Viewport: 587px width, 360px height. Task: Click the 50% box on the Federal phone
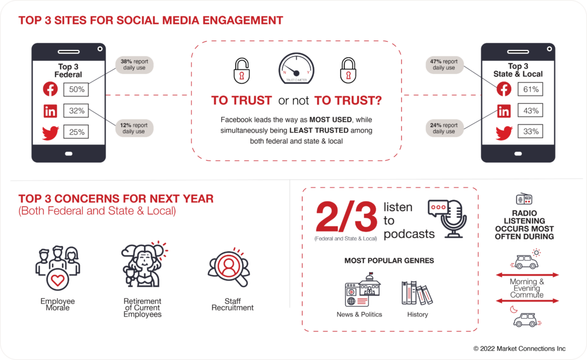76,89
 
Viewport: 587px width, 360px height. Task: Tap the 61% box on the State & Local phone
530,89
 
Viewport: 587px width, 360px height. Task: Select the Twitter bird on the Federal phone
50,133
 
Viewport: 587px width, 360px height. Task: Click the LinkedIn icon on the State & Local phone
504,111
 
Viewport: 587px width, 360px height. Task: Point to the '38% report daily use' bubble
134,65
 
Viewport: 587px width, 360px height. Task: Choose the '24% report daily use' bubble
444,128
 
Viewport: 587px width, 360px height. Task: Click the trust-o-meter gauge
296,68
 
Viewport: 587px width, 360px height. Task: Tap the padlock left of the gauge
242,71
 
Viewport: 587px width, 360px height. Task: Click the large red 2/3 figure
346,217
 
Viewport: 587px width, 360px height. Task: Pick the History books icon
417,293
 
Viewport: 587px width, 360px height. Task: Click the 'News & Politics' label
359,314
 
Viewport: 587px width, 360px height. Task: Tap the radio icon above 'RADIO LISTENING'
524,199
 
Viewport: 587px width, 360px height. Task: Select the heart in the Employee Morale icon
58,280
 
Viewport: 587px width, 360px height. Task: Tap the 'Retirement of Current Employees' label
142,308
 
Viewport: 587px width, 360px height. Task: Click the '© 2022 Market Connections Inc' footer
519,349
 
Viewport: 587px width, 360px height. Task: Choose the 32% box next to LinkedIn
76,111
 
